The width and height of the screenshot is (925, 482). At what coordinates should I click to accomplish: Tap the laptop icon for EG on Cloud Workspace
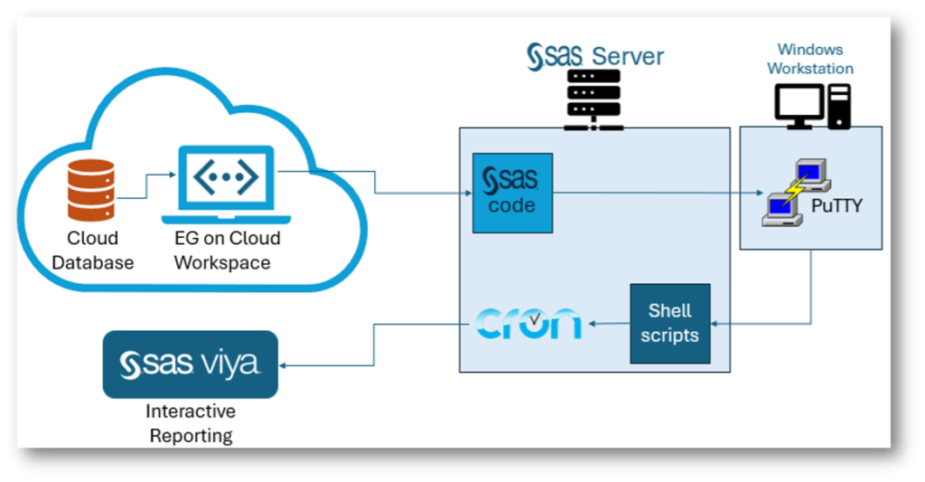pyautogui.click(x=226, y=184)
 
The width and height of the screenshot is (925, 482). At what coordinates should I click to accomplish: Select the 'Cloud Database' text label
pyautogui.click(x=92, y=250)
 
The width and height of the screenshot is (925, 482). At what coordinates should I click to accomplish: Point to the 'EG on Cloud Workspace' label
pyautogui.click(x=228, y=250)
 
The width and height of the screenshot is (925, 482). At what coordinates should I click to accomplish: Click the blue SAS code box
pyautogui.click(x=512, y=193)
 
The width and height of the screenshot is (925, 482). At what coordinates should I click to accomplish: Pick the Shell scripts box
pyautogui.click(x=669, y=323)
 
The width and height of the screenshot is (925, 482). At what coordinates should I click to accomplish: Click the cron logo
pyautogui.click(x=528, y=323)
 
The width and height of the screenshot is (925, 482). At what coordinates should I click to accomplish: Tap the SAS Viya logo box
pyautogui.click(x=191, y=364)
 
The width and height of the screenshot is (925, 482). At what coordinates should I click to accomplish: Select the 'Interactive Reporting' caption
pyautogui.click(x=191, y=423)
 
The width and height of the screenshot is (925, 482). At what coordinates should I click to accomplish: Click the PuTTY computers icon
pyautogui.click(x=795, y=192)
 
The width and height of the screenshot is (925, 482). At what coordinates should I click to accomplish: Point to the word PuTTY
pyautogui.click(x=836, y=206)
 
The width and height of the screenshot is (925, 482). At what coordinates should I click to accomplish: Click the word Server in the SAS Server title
pyautogui.click(x=627, y=56)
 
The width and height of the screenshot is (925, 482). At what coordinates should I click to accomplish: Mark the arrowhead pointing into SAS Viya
pyautogui.click(x=285, y=365)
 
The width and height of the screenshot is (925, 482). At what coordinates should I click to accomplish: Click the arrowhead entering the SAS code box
pyautogui.click(x=468, y=193)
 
